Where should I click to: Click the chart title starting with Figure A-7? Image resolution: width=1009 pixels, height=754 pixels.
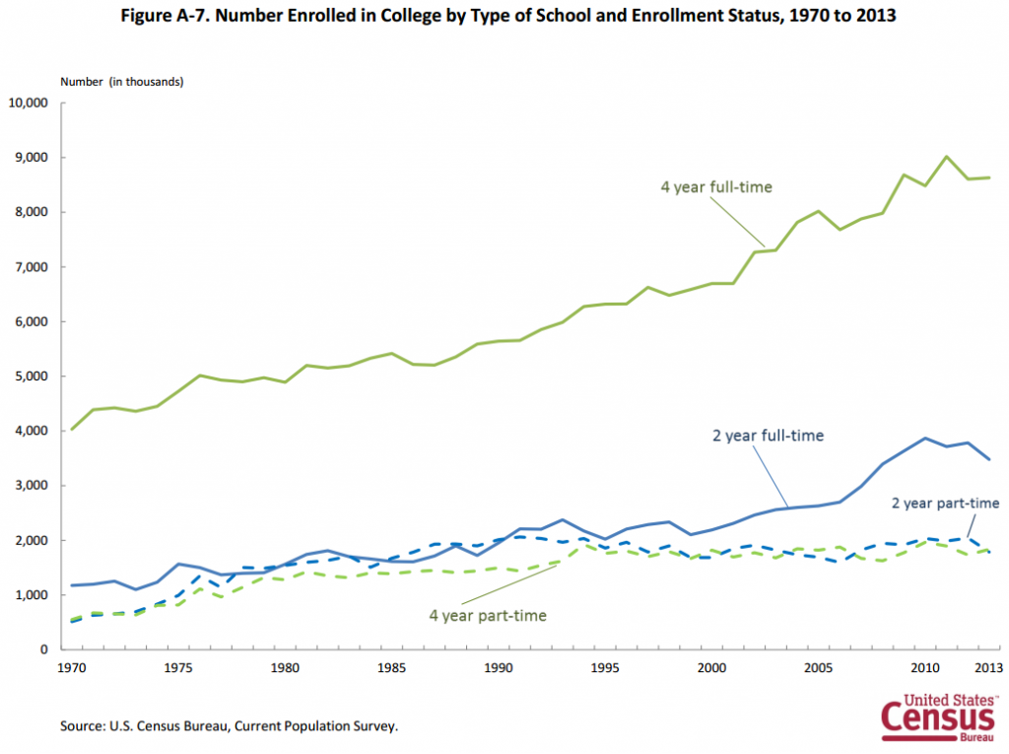(x=508, y=15)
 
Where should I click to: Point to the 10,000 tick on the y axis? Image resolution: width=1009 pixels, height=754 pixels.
(x=29, y=103)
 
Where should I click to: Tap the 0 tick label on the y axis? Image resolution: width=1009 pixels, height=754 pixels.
(x=43, y=650)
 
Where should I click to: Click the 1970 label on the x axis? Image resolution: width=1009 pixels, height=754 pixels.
(x=71, y=667)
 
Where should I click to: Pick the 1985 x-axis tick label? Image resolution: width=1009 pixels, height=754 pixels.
(x=391, y=667)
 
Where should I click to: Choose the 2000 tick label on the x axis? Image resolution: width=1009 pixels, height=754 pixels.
(x=711, y=667)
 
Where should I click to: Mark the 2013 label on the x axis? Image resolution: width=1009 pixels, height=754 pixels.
(x=988, y=667)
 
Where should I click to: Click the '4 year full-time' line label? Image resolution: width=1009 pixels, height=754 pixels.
(x=716, y=187)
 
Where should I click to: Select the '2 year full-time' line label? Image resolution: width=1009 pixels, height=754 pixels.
(x=768, y=436)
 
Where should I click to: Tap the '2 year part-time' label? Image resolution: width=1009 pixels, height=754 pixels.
(x=945, y=503)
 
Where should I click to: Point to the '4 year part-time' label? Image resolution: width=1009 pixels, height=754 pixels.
(x=488, y=616)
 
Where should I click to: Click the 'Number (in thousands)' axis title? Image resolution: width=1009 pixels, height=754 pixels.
(x=121, y=82)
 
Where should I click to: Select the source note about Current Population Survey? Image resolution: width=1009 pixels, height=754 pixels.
(x=229, y=725)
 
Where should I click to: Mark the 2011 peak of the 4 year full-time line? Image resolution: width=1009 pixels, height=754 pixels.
(x=946, y=157)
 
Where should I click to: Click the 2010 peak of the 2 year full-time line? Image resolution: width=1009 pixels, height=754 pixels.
(x=924, y=438)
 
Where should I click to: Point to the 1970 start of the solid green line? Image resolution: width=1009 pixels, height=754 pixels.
(x=71, y=429)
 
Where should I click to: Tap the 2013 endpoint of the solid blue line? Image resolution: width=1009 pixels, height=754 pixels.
(x=989, y=459)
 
